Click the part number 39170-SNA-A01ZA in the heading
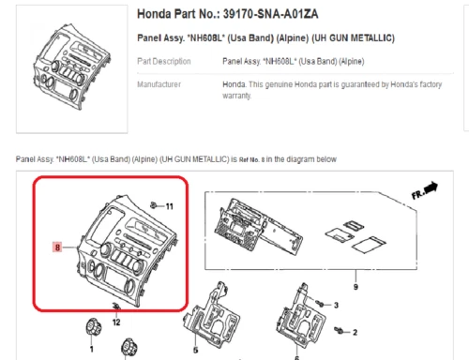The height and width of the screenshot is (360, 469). [x=270, y=14]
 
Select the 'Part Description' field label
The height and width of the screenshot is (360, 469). [x=164, y=62]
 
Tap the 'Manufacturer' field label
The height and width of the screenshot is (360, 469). [x=159, y=84]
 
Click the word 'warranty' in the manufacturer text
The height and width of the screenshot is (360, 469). [x=236, y=96]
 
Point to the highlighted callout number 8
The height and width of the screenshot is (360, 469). [x=57, y=247]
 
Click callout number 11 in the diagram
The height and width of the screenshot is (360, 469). [x=169, y=206]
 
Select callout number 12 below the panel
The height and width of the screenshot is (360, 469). [x=116, y=322]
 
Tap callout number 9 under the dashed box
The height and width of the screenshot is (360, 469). [x=356, y=287]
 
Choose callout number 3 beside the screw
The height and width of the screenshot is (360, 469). [x=336, y=305]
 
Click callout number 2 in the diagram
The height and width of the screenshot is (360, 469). [x=355, y=332]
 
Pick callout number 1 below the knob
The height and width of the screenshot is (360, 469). [x=92, y=349]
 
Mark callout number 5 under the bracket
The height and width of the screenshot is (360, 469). [x=196, y=350]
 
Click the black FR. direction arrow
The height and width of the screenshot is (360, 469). [x=431, y=187]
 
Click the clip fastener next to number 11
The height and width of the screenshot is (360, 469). [x=154, y=205]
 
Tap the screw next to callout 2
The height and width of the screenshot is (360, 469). [x=339, y=330]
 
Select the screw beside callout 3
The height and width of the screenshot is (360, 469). [x=320, y=303]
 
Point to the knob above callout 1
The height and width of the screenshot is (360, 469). [x=93, y=327]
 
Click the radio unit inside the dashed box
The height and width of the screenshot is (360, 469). [x=258, y=225]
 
